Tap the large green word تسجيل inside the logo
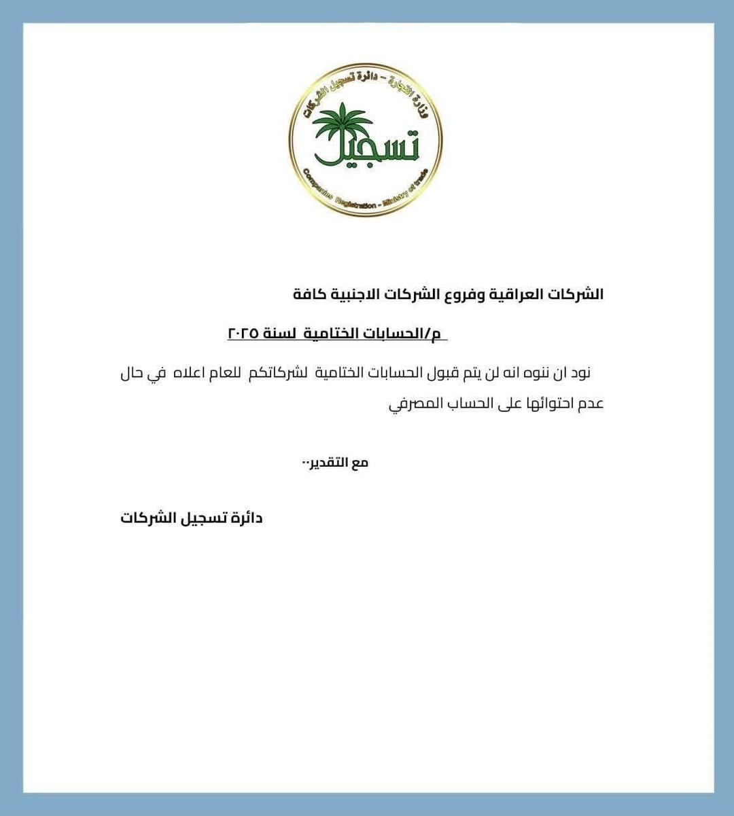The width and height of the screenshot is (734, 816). click(x=367, y=146)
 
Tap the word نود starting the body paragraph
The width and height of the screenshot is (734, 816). click(x=580, y=373)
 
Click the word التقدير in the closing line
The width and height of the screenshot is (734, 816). click(x=330, y=463)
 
